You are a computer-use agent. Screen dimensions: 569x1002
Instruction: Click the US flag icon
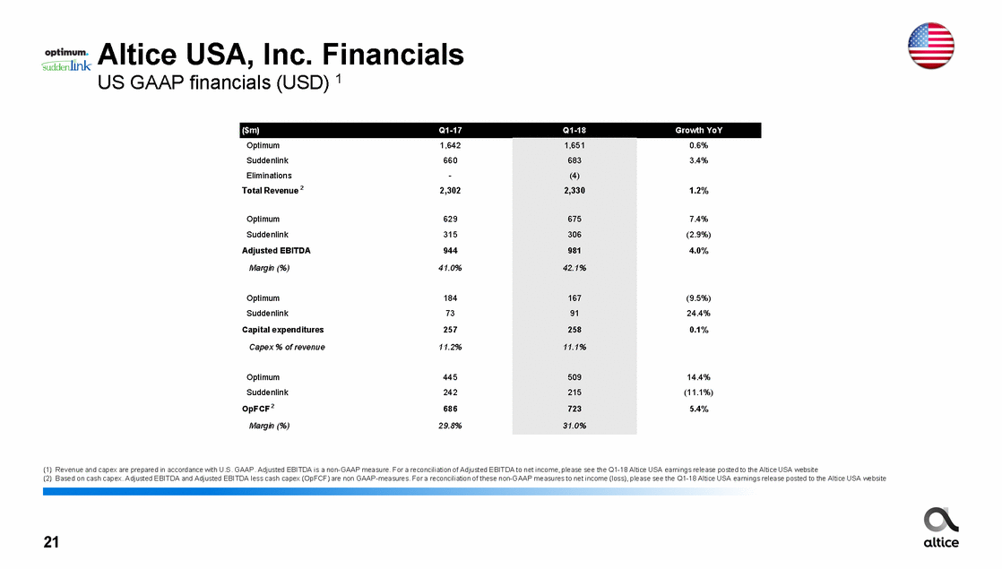[930, 45]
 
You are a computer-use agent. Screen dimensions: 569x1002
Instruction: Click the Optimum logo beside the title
[66, 53]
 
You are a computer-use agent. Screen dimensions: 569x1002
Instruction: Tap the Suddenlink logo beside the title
[66, 68]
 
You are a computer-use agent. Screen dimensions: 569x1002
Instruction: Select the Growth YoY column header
[698, 130]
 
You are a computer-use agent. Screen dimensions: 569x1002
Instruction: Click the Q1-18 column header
[574, 130]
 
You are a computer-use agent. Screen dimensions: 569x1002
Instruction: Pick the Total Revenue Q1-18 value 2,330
[574, 191]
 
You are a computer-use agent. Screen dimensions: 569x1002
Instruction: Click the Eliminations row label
[269, 176]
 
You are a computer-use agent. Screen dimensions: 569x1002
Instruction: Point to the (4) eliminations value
[574, 176]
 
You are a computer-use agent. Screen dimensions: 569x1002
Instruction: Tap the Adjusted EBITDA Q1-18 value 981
[574, 251]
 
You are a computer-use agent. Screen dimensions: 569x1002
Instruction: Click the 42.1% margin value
[574, 268]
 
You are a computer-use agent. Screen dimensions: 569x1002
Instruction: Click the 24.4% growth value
[698, 314]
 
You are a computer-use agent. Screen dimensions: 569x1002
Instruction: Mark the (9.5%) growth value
[698, 298]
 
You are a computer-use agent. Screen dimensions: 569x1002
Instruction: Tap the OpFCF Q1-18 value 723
[574, 409]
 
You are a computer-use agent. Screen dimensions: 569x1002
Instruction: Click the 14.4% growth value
[698, 377]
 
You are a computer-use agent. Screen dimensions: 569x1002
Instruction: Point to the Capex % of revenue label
[286, 347]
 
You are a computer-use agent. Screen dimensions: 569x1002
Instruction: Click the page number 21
[52, 542]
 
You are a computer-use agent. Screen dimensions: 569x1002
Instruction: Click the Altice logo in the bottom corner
[940, 527]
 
